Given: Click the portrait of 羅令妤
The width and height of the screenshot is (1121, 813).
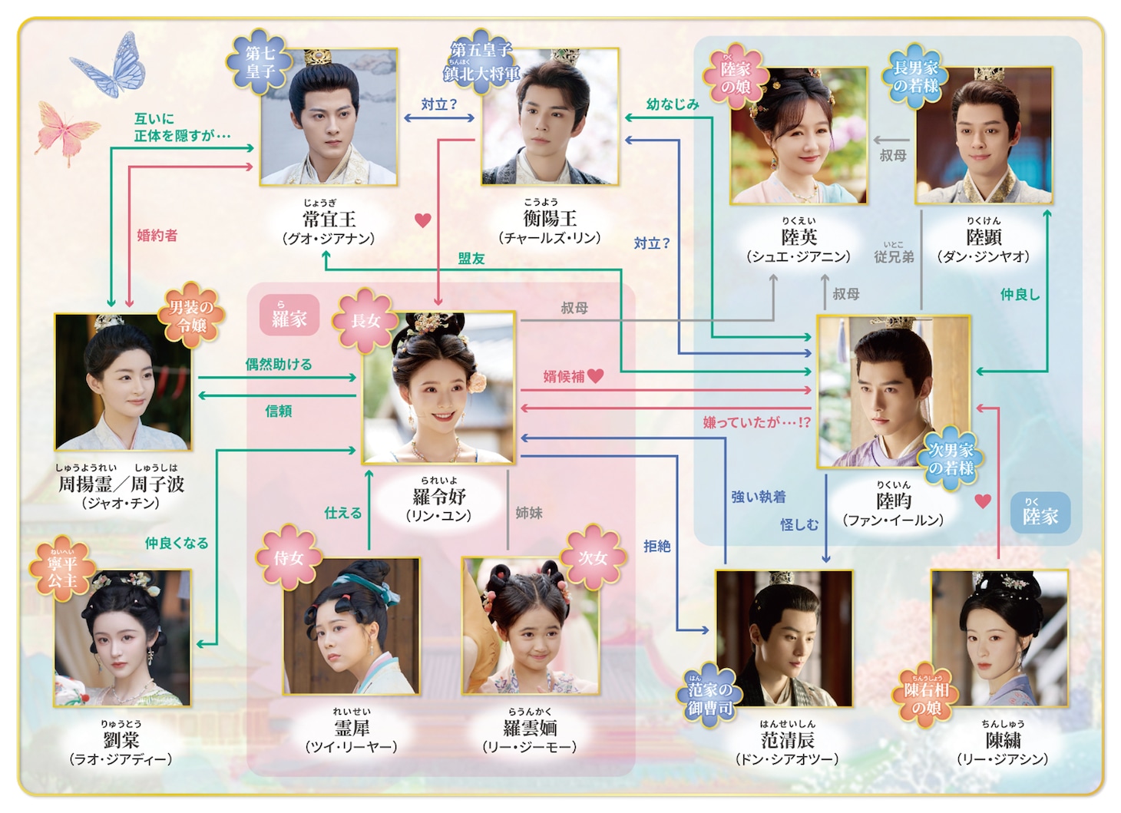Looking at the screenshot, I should (438, 388).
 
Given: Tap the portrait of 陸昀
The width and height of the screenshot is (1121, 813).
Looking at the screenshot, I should (893, 392).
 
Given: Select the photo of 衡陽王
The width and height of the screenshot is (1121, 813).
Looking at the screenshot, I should (550, 117).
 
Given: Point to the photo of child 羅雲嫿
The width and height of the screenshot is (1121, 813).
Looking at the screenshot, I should (531, 626).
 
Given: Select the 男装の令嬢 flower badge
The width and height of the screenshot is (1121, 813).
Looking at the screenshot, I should (190, 316).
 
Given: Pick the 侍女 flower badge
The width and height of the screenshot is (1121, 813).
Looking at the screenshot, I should (289, 558).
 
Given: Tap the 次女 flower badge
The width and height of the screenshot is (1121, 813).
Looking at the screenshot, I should (592, 558).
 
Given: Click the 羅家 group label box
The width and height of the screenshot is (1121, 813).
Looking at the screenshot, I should (289, 316).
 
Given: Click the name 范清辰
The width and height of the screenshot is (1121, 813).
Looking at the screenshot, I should (787, 740).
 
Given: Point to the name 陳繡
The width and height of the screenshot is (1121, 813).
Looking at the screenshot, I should (1002, 740).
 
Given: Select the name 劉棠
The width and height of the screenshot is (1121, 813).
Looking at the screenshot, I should (121, 740).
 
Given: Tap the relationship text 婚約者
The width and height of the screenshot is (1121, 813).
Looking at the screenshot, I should (157, 236).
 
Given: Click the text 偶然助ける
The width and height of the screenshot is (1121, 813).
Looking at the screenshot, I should (279, 364).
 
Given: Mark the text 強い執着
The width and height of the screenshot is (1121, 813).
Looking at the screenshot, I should (758, 497).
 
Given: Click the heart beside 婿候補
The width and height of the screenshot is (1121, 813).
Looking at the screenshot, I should (596, 375).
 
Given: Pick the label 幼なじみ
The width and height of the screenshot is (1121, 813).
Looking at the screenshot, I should (672, 104).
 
